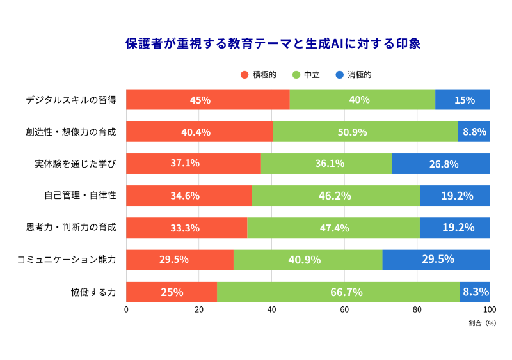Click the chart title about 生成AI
click(x=272, y=43)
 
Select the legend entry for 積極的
click(x=259, y=75)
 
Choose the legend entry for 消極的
click(x=353, y=75)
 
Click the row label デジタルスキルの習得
click(x=70, y=100)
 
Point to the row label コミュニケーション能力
click(x=66, y=260)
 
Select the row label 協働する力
click(x=93, y=292)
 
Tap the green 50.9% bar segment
click(x=365, y=132)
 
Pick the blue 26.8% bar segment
click(x=441, y=164)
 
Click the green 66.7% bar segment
click(x=338, y=292)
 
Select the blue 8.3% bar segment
click(x=475, y=292)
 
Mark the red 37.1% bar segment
click(x=193, y=164)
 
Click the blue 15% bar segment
click(x=463, y=100)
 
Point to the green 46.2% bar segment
click(x=335, y=196)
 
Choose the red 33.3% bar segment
click(x=186, y=228)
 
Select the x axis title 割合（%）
click(x=482, y=323)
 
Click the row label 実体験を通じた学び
click(x=75, y=164)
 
